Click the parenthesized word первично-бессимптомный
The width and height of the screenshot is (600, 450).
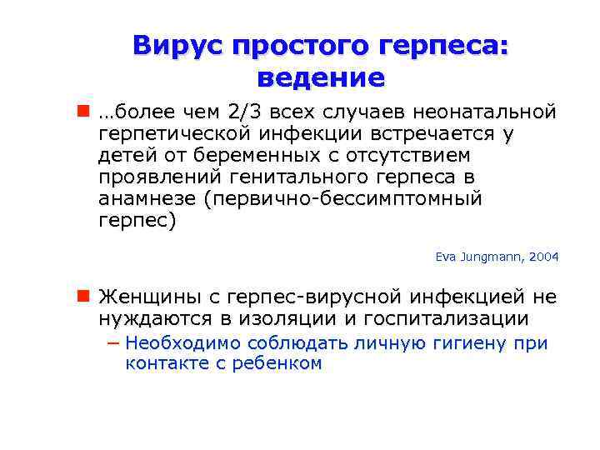tap(347, 199)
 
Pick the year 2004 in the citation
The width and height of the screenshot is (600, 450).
tap(542, 257)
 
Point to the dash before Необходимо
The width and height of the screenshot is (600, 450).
tap(112, 343)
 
